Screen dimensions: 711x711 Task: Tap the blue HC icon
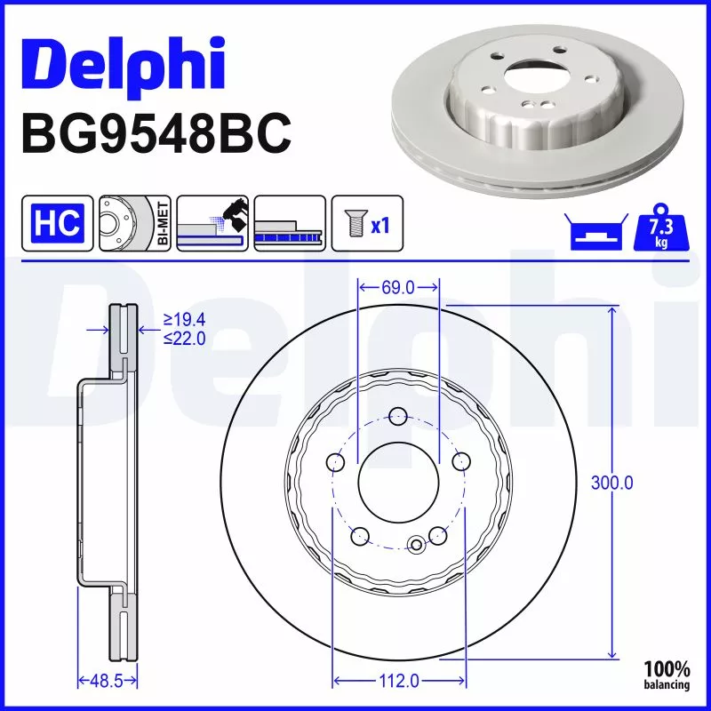pos(58,222)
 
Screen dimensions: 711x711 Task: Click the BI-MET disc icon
pos(133,222)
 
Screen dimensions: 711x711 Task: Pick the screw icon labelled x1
pos(367,222)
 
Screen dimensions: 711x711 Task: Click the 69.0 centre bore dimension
pos(398,287)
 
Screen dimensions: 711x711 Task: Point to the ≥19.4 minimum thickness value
pos(184,320)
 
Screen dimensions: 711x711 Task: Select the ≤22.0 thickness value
pos(184,338)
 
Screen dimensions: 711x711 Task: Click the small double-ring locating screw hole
pos(416,545)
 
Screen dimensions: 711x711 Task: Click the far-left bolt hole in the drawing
pos(336,462)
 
